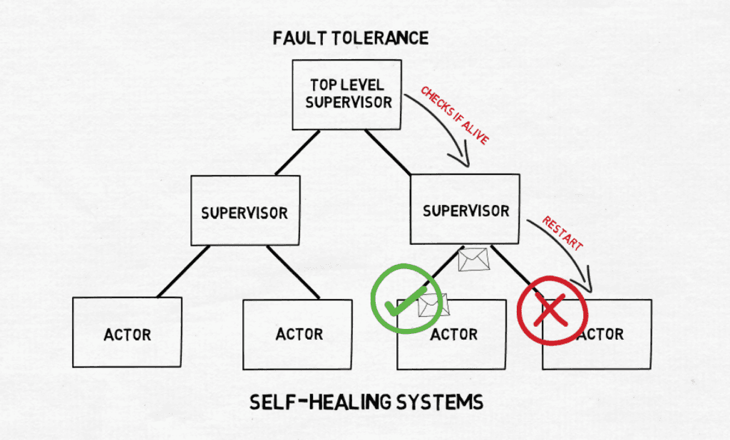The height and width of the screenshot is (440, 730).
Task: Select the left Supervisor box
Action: [x=245, y=211]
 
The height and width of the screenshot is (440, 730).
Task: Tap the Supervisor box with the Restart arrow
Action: [x=465, y=209]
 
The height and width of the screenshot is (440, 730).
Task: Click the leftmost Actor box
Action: [x=127, y=332]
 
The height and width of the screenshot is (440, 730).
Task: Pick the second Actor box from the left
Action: [x=297, y=334]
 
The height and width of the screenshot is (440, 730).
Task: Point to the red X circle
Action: [x=551, y=310]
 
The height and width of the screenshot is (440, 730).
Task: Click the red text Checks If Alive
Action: [x=454, y=117]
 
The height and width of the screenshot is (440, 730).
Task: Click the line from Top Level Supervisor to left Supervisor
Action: [x=297, y=152]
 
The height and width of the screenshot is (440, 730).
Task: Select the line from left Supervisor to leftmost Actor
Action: [x=183, y=271]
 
